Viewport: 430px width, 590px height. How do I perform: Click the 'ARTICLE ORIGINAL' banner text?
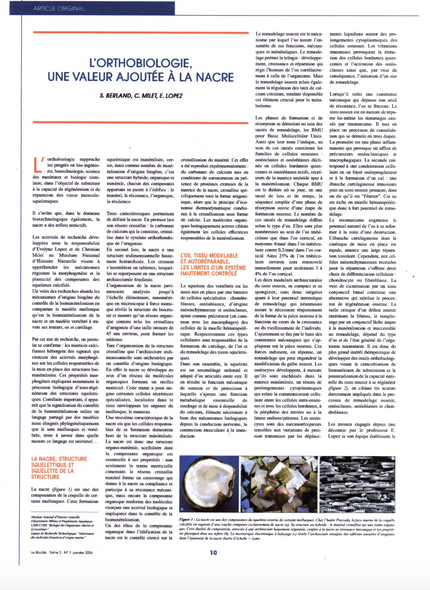[x=59, y=8]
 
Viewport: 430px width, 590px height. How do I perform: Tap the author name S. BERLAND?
[x=116, y=96]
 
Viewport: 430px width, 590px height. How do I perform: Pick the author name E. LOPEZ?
[x=171, y=96]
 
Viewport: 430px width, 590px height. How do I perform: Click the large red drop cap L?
[x=38, y=165]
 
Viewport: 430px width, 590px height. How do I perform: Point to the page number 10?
[x=213, y=552]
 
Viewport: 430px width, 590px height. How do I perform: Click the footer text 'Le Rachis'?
[x=39, y=552]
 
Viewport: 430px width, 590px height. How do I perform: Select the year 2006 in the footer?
[x=86, y=552]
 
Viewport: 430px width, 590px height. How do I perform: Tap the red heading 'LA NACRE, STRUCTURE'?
[x=59, y=459]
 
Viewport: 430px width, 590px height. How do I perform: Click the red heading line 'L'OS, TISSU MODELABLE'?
[x=209, y=256]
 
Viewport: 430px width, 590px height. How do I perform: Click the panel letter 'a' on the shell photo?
[x=182, y=509]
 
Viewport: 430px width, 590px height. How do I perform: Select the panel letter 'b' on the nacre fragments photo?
[x=243, y=509]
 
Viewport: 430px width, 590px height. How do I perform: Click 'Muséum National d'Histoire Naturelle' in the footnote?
[x=55, y=517]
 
